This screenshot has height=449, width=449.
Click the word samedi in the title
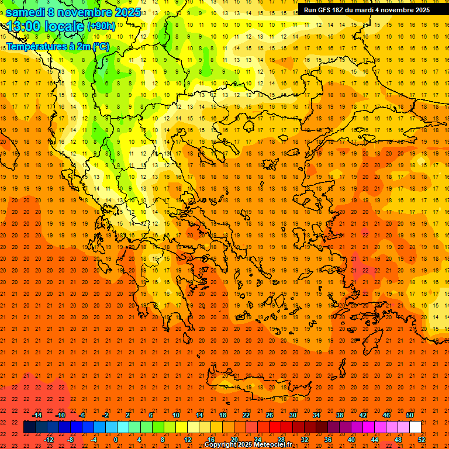(25, 12)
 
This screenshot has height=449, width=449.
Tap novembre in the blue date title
(85, 12)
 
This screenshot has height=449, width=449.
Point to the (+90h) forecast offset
(101, 26)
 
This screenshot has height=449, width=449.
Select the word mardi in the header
(364, 10)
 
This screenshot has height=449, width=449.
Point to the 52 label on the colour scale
(422, 440)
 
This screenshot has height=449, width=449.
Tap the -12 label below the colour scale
(49, 440)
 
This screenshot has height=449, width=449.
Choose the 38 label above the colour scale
(340, 415)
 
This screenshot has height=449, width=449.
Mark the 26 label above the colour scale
(270, 415)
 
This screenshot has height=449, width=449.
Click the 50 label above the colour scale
(410, 415)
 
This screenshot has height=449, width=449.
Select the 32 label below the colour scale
(305, 440)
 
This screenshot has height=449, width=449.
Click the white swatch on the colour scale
(415, 427)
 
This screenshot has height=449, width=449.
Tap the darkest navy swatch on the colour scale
(29, 427)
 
